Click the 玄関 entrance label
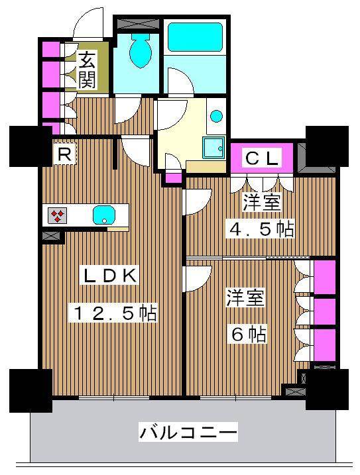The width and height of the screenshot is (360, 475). pyautogui.click(x=87, y=70)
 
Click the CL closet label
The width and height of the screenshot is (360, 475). pyautogui.click(x=263, y=159)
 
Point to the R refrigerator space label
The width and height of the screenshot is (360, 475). pyautogui.click(x=64, y=155)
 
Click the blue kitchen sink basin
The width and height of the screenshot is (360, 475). pyautogui.click(x=103, y=215)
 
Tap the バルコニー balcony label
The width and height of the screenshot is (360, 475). pyautogui.click(x=188, y=433)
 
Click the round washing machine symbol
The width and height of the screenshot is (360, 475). pyautogui.click(x=216, y=117)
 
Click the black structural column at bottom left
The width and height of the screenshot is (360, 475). pyautogui.click(x=30, y=390)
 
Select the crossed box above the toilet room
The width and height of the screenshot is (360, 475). pyautogui.click(x=139, y=23)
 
